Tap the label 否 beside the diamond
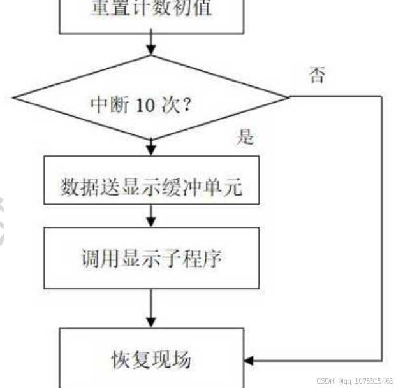316,76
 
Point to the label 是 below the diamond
245,137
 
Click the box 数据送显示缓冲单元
152,188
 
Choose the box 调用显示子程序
152,258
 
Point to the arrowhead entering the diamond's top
152,51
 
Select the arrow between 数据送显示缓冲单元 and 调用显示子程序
152,220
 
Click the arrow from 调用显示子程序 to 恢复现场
152,309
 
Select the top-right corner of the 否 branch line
382,97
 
